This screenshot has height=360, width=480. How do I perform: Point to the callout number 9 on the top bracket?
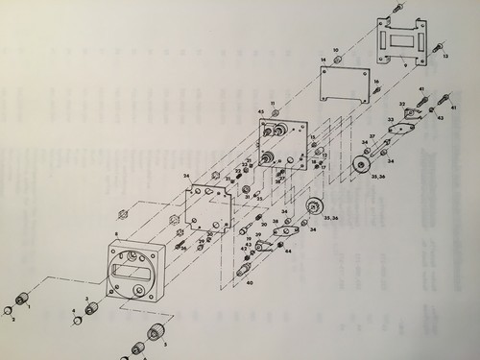click(406, 65)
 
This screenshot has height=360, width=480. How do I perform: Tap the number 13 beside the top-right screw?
click(445, 57)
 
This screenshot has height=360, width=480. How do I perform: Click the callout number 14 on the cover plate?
click(324, 60)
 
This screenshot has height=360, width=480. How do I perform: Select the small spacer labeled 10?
click(337, 58)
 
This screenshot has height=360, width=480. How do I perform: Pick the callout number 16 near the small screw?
click(376, 82)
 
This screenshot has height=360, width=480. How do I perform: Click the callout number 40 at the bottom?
click(248, 283)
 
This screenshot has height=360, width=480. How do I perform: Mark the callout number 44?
click(287, 252)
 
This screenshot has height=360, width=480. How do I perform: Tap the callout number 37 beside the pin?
click(372, 137)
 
